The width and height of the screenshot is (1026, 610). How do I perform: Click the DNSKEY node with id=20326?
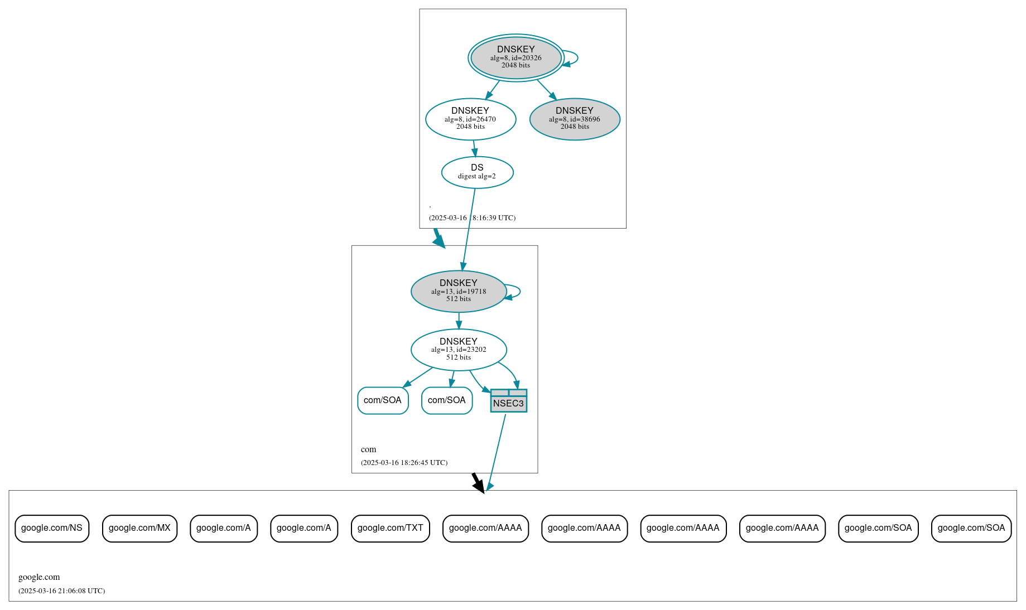coord(516,57)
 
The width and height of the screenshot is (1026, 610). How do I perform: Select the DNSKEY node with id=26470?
coord(470,119)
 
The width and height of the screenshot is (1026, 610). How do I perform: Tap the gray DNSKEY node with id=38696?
coord(575,119)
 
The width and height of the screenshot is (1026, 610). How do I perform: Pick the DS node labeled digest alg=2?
coord(477,172)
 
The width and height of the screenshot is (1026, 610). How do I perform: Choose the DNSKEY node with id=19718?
coord(459,291)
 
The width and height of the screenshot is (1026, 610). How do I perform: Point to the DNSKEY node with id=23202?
coord(459,350)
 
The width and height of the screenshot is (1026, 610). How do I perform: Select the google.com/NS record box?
coord(52,528)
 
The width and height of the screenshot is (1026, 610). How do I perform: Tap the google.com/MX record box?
coord(139,528)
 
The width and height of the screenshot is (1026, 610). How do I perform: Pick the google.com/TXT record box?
coord(390,528)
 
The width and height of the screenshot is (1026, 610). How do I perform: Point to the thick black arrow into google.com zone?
coord(478,483)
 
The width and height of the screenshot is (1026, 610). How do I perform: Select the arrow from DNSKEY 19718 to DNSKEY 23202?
coord(459,321)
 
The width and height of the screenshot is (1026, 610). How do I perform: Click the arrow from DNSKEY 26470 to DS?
coord(474,148)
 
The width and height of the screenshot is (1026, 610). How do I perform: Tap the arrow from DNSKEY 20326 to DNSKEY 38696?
coord(546,89)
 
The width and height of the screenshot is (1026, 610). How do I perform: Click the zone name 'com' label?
coord(368,449)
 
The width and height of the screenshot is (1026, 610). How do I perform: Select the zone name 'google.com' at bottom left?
coord(39,577)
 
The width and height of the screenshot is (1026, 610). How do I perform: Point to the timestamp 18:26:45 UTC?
coord(404,463)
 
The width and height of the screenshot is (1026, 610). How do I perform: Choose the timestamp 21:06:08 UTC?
coord(61,591)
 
